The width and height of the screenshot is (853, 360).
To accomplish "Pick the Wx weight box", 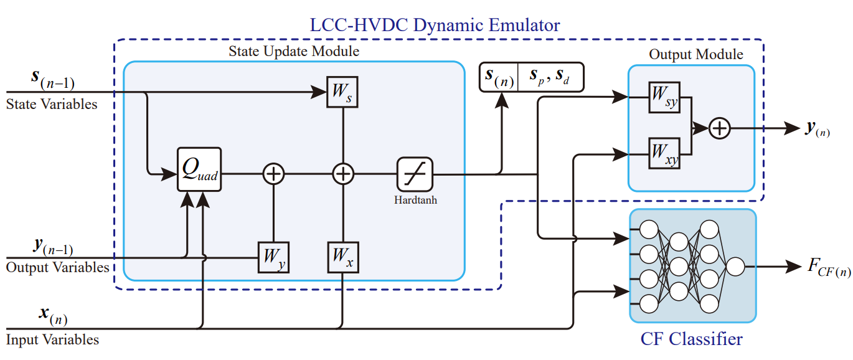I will [342, 257].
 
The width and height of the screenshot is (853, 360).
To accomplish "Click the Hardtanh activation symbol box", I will [415, 174].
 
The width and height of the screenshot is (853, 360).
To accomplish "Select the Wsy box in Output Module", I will [664, 97].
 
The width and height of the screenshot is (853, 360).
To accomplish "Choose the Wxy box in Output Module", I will [664, 153].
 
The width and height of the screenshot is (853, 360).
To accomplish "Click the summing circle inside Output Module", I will [720, 128].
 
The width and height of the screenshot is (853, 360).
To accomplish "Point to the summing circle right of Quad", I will [273, 174].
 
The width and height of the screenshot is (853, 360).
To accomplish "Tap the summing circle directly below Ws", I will [342, 174].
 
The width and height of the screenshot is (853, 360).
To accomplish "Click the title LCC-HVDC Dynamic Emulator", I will [435, 25].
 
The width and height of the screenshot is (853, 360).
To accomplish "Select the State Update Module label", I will [294, 51].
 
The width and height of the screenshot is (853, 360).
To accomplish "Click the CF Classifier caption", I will [691, 339].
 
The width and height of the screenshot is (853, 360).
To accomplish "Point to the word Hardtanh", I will [415, 200].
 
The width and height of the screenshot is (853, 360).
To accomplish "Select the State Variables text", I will [52, 104].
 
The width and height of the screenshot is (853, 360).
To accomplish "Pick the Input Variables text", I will [52, 339].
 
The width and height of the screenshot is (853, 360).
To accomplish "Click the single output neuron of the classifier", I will [735, 267].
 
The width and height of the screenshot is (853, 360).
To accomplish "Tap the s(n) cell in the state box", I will [499, 77].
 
